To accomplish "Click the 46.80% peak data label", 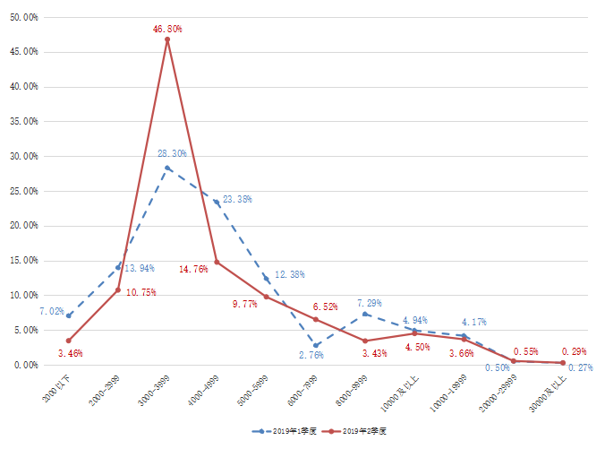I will [166, 29].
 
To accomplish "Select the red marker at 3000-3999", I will [167, 39].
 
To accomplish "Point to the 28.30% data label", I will [172, 154].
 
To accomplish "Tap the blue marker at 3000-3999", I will [167, 168].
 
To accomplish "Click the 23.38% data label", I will [237, 200].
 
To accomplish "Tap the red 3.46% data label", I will [70, 353].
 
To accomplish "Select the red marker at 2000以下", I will [68, 341].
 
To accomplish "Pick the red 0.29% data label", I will [574, 351].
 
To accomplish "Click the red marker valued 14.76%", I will [217, 263].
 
